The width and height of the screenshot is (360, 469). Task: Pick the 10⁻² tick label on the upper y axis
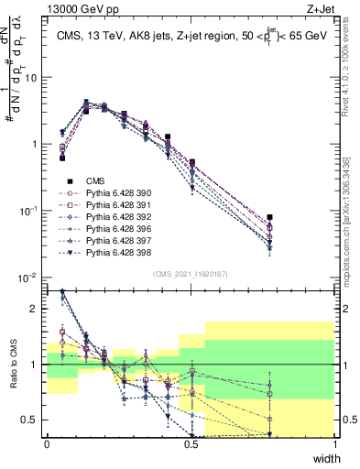pos(27,278)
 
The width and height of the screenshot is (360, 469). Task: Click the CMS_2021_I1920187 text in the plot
pos(191,273)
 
